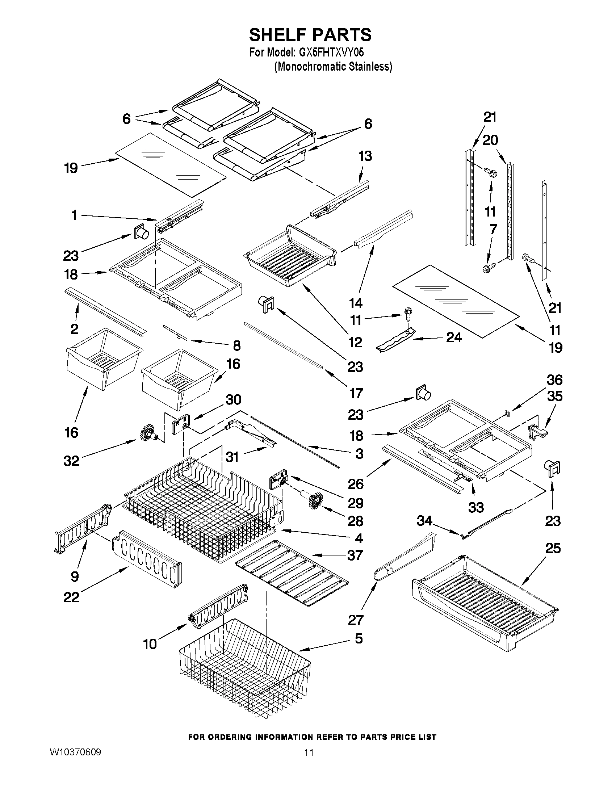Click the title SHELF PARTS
pyautogui.click(x=310, y=35)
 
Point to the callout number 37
pyautogui.click(x=355, y=555)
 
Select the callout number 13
pyautogui.click(x=365, y=156)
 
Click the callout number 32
pyautogui.click(x=71, y=461)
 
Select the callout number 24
pyautogui.click(x=454, y=337)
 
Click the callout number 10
pyautogui.click(x=150, y=644)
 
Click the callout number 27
pyautogui.click(x=356, y=620)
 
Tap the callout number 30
pyautogui.click(x=233, y=400)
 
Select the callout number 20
pyautogui.click(x=490, y=140)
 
